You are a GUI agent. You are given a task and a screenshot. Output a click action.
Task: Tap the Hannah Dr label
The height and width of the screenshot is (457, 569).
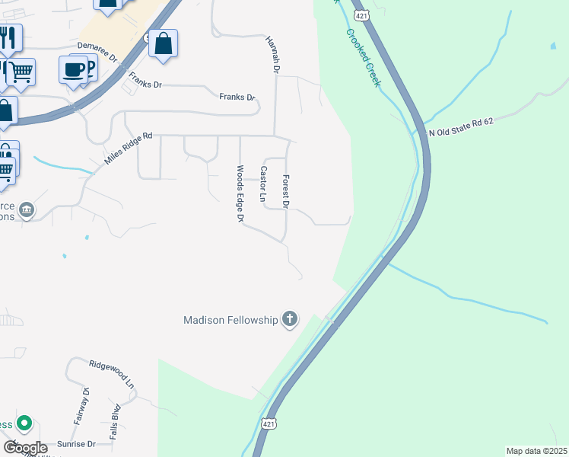click(x=272, y=54)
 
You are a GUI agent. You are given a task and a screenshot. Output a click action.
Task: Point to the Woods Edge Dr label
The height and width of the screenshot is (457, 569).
click(x=240, y=194)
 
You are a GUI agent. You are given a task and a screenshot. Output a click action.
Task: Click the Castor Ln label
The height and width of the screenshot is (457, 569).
click(x=263, y=185)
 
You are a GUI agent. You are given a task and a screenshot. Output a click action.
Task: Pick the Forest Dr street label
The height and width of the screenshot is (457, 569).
click(x=286, y=191)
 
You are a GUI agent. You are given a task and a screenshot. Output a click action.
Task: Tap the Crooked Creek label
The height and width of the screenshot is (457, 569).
click(x=363, y=58)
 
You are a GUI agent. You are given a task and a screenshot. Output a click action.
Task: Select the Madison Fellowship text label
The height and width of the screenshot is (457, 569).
click(x=231, y=320)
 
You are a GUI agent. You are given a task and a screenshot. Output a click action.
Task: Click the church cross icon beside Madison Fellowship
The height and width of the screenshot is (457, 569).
click(x=289, y=319)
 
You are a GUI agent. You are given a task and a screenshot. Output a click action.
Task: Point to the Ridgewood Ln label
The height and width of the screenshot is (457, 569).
click(x=111, y=376)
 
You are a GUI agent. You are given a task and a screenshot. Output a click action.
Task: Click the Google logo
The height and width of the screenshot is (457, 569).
click(x=25, y=448)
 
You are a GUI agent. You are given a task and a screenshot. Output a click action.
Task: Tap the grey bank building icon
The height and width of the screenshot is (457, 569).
click(x=27, y=209)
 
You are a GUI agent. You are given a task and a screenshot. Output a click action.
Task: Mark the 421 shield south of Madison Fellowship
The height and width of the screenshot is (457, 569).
click(x=269, y=424)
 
